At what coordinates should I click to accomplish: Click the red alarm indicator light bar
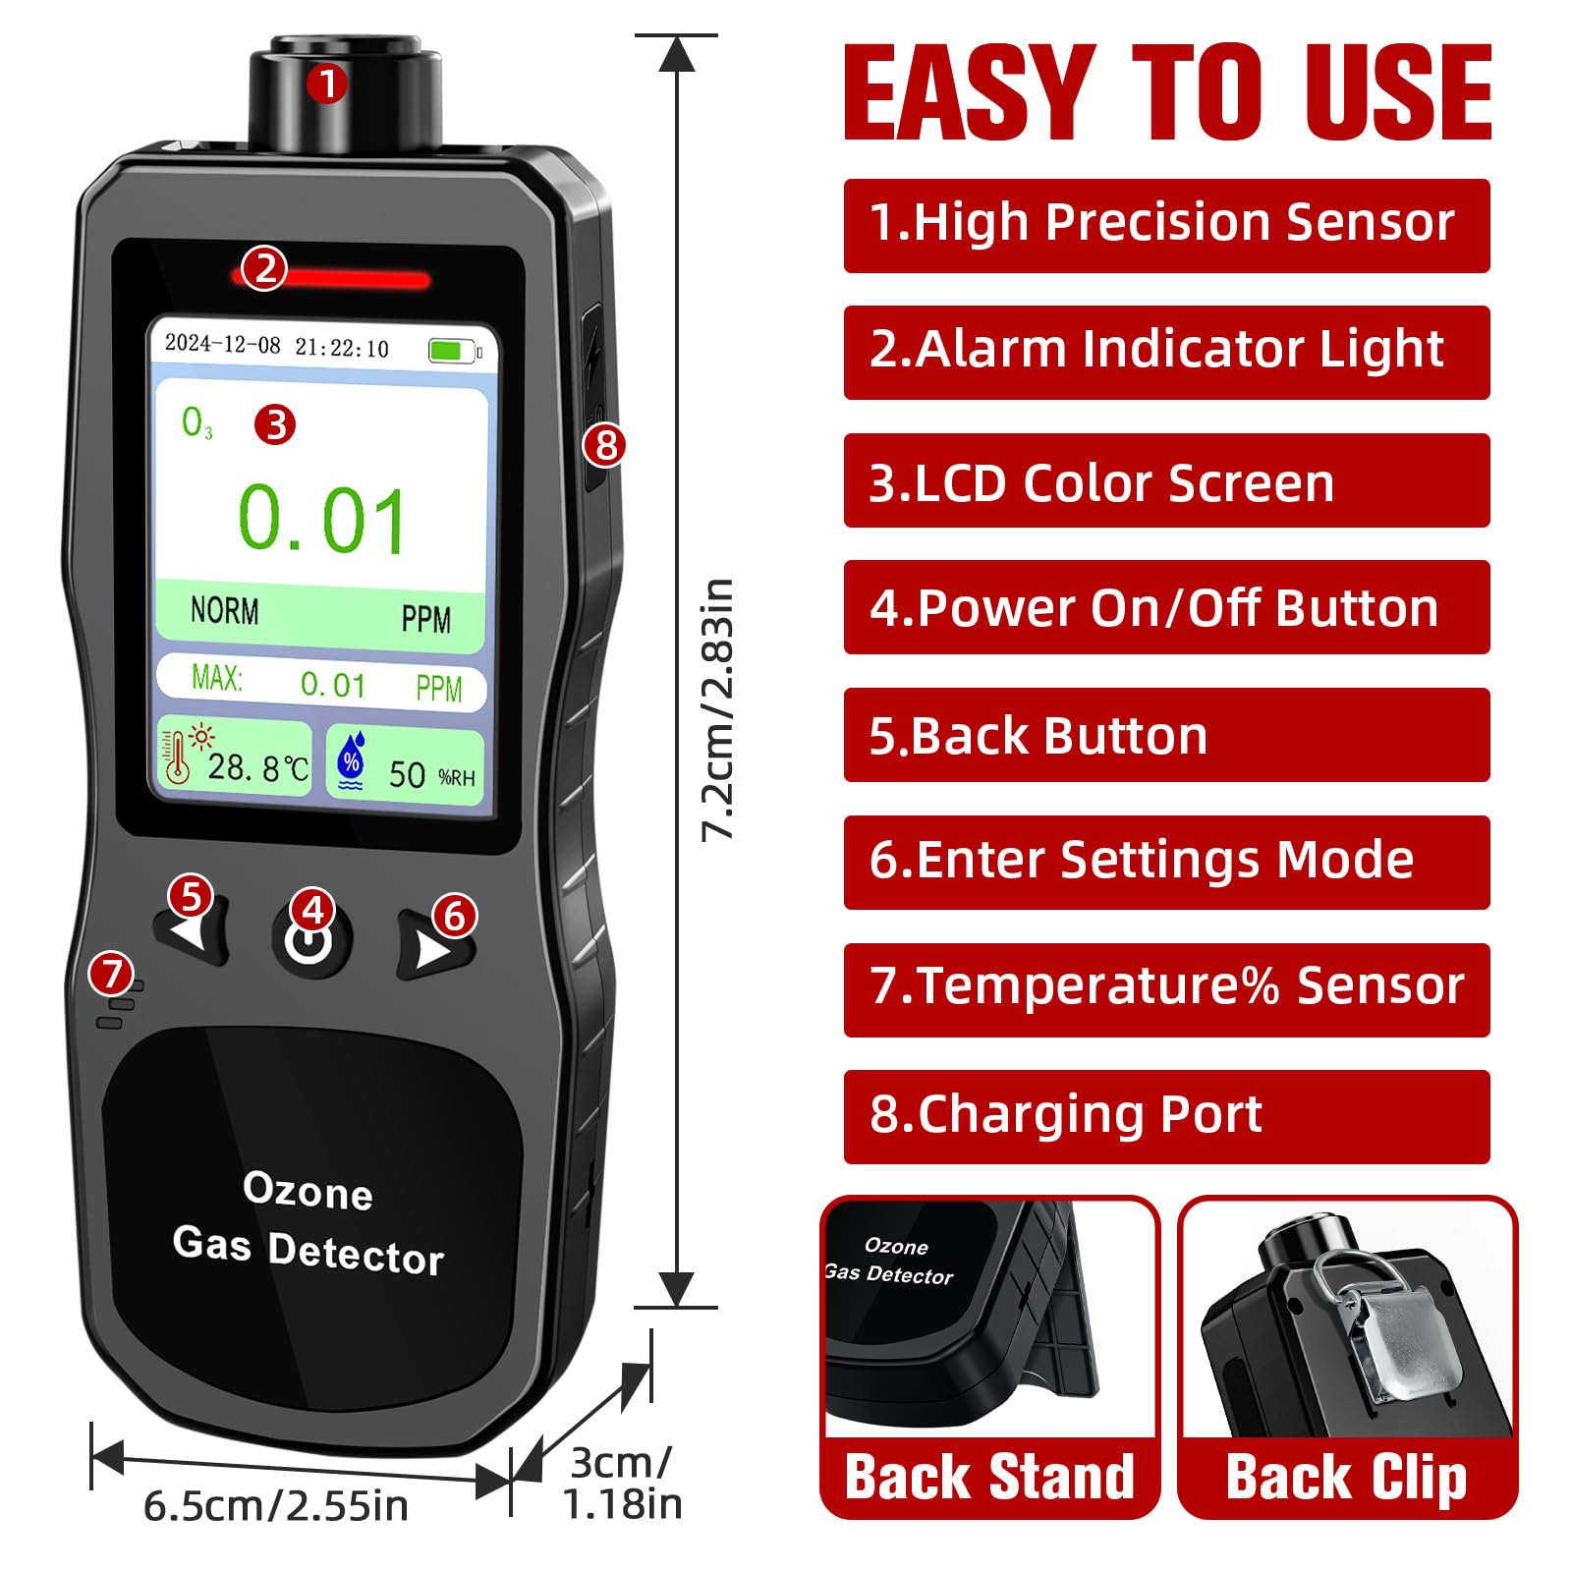(334, 279)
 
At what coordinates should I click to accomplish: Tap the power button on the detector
(309, 939)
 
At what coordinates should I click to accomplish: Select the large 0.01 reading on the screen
(321, 521)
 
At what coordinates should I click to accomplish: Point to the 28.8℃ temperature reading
(258, 767)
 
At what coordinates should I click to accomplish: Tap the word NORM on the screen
(225, 610)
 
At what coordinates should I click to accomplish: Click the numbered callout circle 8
(605, 445)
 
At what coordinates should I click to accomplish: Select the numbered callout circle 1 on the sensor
(327, 84)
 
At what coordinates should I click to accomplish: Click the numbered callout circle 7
(111, 974)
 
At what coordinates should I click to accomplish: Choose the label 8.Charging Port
(1066, 1115)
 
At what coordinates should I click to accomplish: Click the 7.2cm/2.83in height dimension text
(718, 709)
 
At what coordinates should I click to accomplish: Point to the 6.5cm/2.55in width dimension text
(276, 1506)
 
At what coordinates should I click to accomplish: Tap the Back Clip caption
(1347, 1478)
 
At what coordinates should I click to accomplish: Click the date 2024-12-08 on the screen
(223, 344)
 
